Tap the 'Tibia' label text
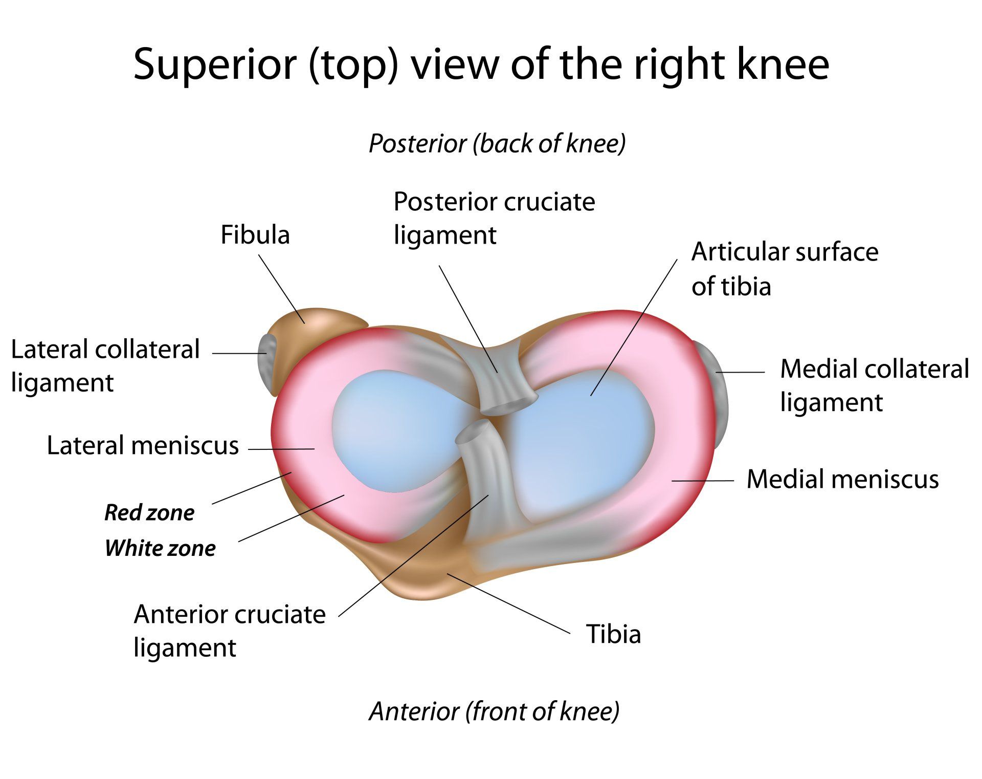click(x=613, y=634)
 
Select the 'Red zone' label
click(x=149, y=513)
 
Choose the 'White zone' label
click(x=160, y=548)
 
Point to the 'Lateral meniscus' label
click(x=143, y=445)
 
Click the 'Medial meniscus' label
click(x=842, y=480)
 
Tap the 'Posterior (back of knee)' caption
click(x=497, y=144)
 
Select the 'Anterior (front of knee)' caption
click(x=494, y=711)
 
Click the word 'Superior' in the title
click(x=215, y=64)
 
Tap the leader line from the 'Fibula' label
click(x=282, y=289)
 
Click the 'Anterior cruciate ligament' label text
click(x=230, y=631)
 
